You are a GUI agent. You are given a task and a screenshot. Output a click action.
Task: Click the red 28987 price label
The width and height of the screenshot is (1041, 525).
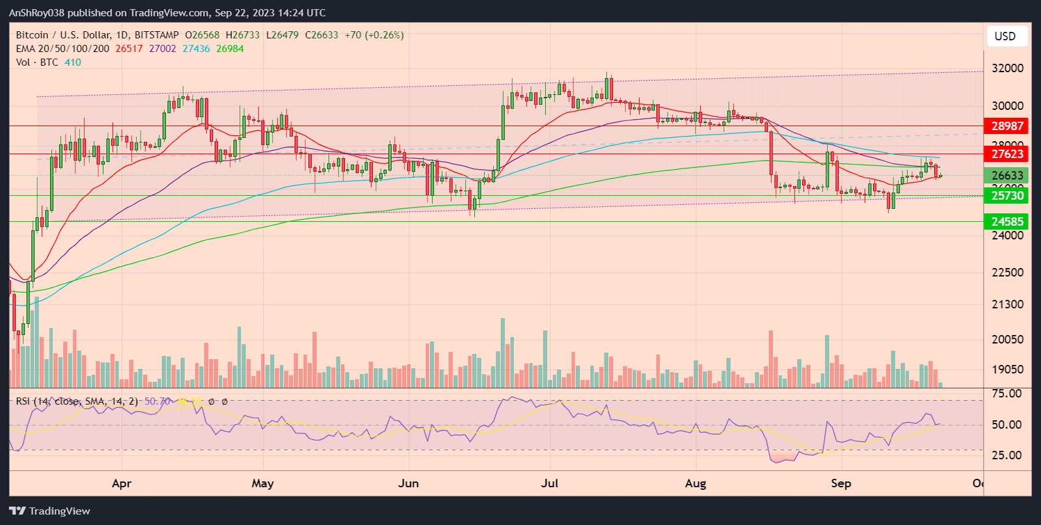pyautogui.click(x=1007, y=126)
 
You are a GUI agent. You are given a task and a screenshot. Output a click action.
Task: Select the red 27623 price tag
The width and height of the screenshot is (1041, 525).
pyautogui.click(x=1007, y=154)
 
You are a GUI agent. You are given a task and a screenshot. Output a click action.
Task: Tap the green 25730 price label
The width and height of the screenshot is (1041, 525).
pyautogui.click(x=1007, y=195)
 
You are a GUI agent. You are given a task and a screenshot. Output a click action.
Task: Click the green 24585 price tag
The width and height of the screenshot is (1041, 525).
pyautogui.click(x=1007, y=222)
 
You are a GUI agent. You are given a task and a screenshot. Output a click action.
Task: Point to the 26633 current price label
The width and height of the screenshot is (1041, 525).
pyautogui.click(x=1007, y=175)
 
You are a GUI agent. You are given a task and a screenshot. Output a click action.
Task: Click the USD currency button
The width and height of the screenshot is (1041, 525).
pyautogui.click(x=1005, y=36)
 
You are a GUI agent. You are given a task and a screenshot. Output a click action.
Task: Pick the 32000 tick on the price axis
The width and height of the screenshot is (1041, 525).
pyautogui.click(x=1007, y=68)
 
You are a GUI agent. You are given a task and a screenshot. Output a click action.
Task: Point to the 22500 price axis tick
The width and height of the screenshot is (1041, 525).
pyautogui.click(x=1007, y=273)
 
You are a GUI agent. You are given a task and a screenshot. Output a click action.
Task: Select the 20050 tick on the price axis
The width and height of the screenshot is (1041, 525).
pyautogui.click(x=1007, y=339)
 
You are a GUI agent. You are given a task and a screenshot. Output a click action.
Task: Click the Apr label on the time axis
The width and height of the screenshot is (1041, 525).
pyautogui.click(x=122, y=483)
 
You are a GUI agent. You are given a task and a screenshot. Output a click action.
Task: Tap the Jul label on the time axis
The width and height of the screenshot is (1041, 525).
pyautogui.click(x=550, y=483)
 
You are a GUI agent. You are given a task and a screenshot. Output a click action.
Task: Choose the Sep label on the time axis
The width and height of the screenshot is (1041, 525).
pyautogui.click(x=841, y=483)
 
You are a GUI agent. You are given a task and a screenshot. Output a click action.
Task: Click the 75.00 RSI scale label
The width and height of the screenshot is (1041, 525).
pyautogui.click(x=1006, y=394)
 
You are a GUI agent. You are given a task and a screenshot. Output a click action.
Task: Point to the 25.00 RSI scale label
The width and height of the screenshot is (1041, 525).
pyautogui.click(x=1006, y=455)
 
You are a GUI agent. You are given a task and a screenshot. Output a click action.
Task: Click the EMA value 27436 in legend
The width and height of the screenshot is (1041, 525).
pyautogui.click(x=196, y=49)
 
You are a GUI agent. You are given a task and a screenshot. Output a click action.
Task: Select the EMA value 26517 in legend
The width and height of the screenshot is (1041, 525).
pyautogui.click(x=129, y=49)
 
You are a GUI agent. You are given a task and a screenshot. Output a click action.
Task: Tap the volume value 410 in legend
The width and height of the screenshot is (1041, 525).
pyautogui.click(x=73, y=62)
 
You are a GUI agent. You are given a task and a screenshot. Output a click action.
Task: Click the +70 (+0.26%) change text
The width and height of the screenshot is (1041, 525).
pyautogui.click(x=374, y=35)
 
